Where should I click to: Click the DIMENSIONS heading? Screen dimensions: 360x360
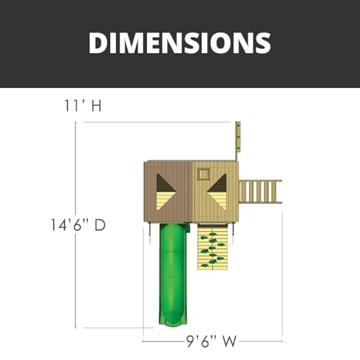click(x=180, y=42)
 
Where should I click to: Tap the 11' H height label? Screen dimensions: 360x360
click(x=83, y=106)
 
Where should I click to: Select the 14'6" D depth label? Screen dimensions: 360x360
click(x=78, y=225)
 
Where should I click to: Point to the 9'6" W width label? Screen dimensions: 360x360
click(x=212, y=341)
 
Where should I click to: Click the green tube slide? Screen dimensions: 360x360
click(x=173, y=274)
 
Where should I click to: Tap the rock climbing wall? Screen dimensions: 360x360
click(x=212, y=247)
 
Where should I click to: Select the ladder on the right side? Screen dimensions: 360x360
click(x=261, y=192)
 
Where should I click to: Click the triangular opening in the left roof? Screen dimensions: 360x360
click(x=166, y=192)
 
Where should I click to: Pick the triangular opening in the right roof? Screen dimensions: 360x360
click(x=217, y=192)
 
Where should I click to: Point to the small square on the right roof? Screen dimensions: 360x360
click(x=204, y=174)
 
